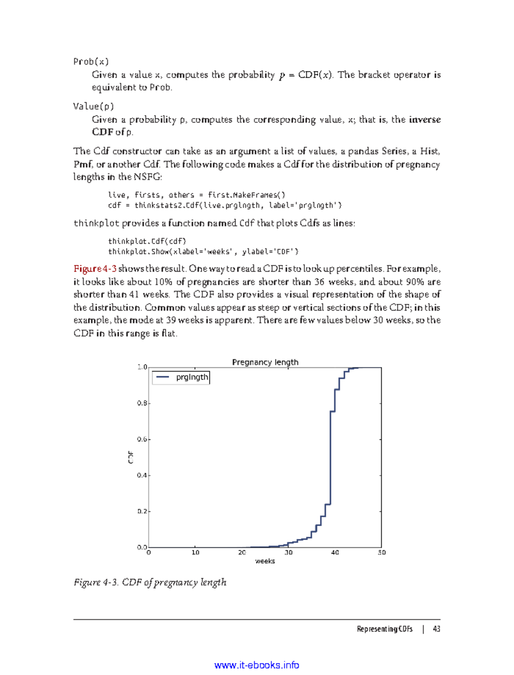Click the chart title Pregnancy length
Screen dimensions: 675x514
pos(265,362)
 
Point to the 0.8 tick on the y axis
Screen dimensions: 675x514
pos(143,403)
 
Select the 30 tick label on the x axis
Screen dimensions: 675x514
pos(289,553)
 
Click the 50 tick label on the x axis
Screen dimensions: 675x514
pos(381,553)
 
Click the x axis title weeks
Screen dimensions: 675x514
pos(265,561)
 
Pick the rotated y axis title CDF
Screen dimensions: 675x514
pos(131,457)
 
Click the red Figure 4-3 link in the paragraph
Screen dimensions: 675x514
pos(95,269)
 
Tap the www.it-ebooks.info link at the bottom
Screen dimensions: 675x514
pos(257,665)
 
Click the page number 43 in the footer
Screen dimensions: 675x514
pos(436,629)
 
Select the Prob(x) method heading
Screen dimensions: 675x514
pos(91,62)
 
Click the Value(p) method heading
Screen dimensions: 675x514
pos(93,106)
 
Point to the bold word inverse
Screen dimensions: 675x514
pos(424,120)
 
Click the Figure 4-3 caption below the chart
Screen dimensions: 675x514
pos(150,582)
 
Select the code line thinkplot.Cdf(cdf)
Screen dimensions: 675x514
pos(147,241)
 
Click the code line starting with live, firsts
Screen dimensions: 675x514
pos(197,195)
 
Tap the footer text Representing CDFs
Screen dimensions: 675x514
pos(384,629)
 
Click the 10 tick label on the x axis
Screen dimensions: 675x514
pos(195,553)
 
